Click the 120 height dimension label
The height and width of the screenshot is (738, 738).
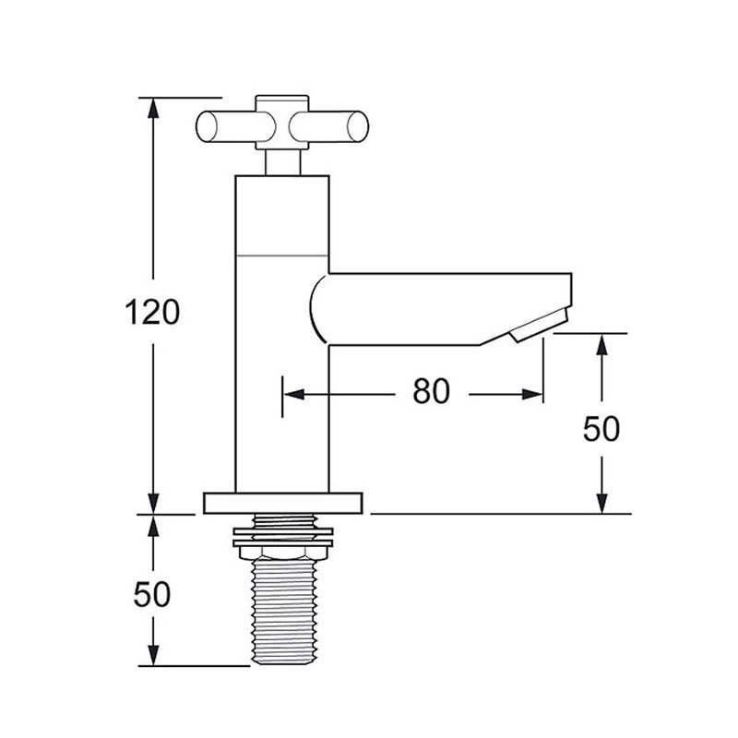click(152, 312)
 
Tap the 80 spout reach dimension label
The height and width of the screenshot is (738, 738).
click(431, 391)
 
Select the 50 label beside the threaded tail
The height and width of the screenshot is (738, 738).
click(151, 594)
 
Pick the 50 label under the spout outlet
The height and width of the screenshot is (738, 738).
click(601, 429)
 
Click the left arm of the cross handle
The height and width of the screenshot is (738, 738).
click(232, 127)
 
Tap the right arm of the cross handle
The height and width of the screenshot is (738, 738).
click(329, 127)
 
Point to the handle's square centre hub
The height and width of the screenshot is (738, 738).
click(282, 123)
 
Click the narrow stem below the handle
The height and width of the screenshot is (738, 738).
click(282, 163)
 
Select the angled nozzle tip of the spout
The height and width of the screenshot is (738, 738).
click(540, 326)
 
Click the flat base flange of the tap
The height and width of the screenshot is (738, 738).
click(283, 503)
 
